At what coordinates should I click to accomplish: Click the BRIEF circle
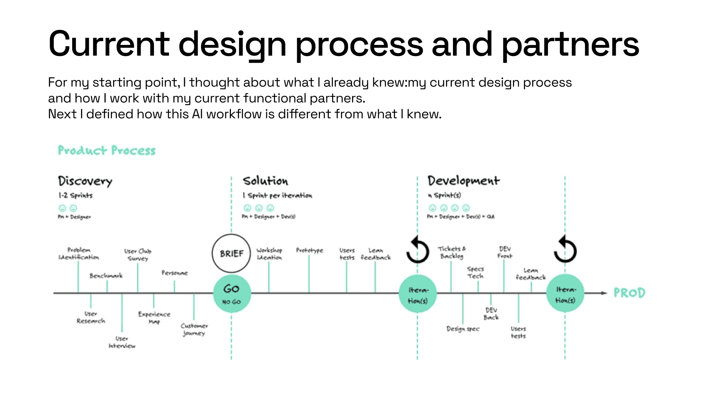click(x=231, y=254)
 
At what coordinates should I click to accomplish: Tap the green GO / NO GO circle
click(x=232, y=294)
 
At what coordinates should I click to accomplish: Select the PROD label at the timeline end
click(x=629, y=293)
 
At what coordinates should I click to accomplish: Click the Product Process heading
click(x=107, y=150)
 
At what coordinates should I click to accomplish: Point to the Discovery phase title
click(x=85, y=181)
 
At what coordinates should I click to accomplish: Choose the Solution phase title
click(x=265, y=181)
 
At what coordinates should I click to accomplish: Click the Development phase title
click(x=464, y=181)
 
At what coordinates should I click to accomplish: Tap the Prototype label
click(x=309, y=251)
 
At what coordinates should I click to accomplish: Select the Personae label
click(x=175, y=273)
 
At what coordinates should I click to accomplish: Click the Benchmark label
click(x=106, y=276)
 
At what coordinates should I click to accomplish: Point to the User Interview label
click(x=122, y=342)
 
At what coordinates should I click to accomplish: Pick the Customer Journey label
click(x=194, y=329)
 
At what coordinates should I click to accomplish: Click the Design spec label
click(x=463, y=328)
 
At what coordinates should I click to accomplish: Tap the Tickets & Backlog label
click(x=452, y=252)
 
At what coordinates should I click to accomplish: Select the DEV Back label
click(x=491, y=314)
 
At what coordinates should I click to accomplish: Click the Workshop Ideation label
click(x=269, y=254)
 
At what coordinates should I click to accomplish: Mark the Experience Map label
click(x=154, y=318)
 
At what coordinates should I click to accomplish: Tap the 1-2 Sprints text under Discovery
click(x=75, y=195)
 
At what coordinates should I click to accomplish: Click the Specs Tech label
click(x=475, y=272)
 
